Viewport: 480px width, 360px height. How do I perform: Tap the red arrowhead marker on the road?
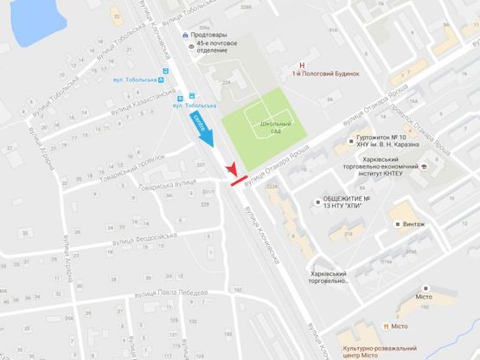point(231,168)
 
